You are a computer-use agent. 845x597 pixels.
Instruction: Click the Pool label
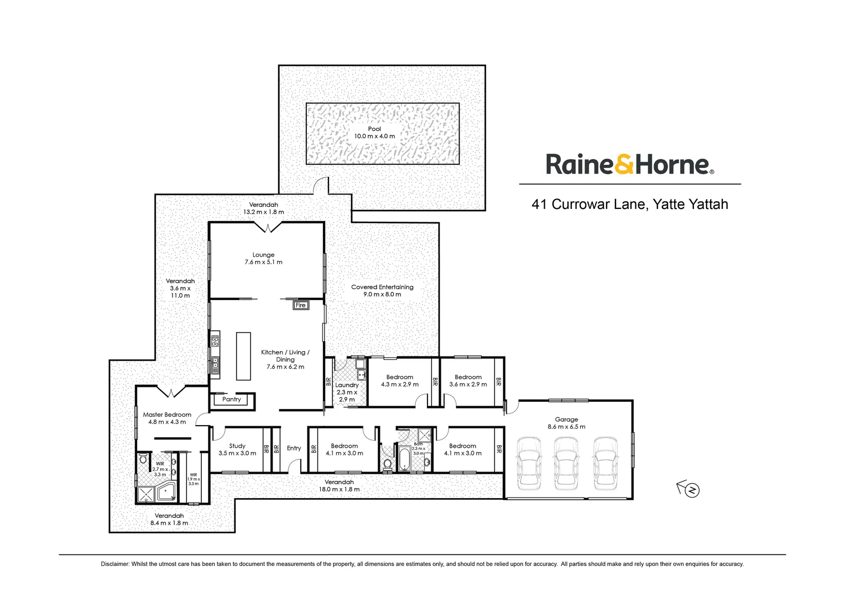tap(374, 129)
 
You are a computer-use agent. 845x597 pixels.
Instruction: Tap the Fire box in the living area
tap(300, 305)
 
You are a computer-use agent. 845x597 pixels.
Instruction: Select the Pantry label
tap(232, 399)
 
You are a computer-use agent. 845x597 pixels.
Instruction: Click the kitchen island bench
tap(243, 356)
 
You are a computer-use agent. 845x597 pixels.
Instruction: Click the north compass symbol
tap(691, 490)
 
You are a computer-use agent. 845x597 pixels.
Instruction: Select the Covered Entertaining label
tap(382, 287)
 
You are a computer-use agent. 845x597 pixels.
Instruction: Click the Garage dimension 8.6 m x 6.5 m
tap(566, 427)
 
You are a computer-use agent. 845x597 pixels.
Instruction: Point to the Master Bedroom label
tap(167, 415)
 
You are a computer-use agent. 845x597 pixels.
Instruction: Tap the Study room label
tap(237, 446)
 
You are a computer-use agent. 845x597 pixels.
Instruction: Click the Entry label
tap(294, 448)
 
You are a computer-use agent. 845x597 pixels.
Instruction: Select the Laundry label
tap(347, 385)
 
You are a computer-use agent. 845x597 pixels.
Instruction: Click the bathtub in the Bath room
tap(404, 459)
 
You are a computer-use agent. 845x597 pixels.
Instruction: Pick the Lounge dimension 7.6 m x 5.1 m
tap(263, 262)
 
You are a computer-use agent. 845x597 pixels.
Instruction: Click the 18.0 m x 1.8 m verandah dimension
tap(339, 489)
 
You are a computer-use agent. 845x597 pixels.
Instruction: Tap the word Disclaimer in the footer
tap(114, 564)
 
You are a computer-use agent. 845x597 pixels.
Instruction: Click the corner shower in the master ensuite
tap(166, 491)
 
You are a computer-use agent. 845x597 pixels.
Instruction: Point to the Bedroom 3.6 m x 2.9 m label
tap(468, 377)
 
